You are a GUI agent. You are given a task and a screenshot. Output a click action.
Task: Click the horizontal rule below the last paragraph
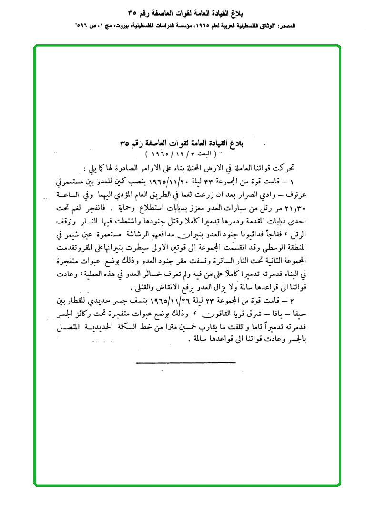(x=186, y=363)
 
